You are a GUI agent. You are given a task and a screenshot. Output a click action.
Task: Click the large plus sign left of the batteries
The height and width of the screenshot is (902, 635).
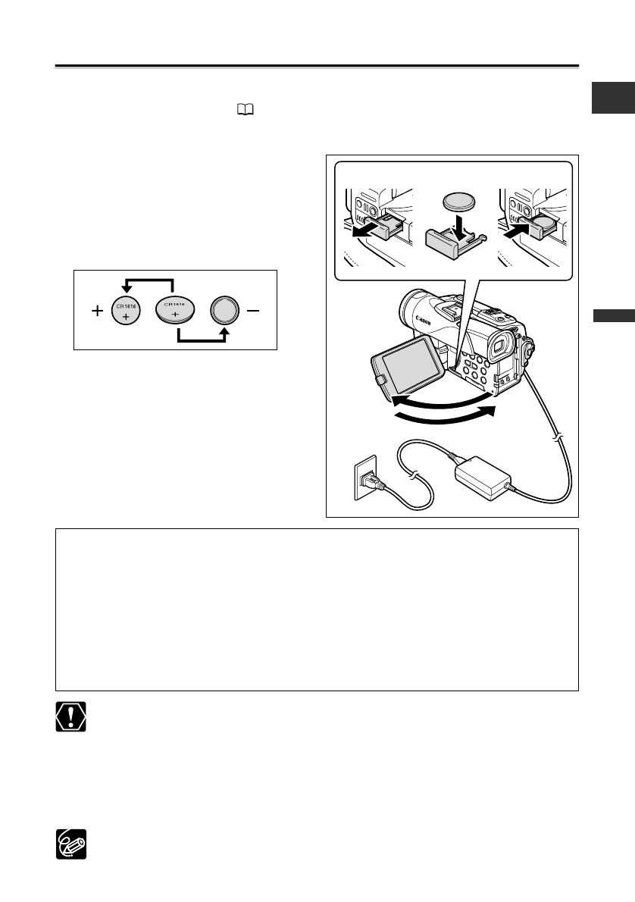pos(97,311)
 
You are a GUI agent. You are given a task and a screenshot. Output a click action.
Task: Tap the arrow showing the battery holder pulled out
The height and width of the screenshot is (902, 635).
pos(361,230)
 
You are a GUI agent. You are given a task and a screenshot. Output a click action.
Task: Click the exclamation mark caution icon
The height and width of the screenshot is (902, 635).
pos(70,716)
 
